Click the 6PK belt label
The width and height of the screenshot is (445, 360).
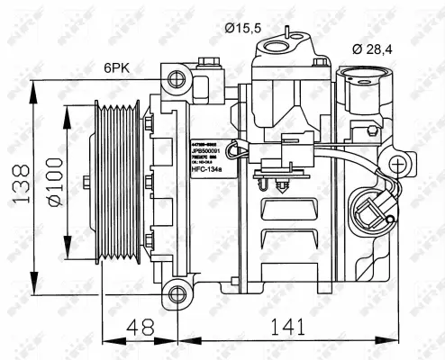tap(117, 67)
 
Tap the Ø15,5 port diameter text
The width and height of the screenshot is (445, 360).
tap(243, 28)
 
